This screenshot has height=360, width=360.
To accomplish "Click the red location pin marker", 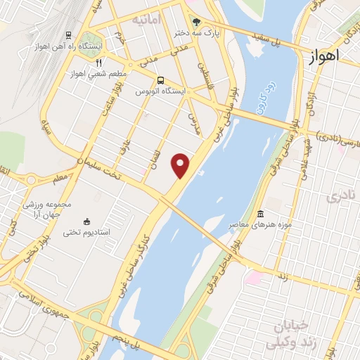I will click(181, 165).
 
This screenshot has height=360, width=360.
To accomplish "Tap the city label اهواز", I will click(324, 55).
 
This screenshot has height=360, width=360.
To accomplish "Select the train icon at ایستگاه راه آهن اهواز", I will click(69, 34).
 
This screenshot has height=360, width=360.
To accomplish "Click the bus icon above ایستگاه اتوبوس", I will click(162, 79).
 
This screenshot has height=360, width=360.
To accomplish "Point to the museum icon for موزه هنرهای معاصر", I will click(261, 213).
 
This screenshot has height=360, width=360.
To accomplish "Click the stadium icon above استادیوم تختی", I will click(86, 221).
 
